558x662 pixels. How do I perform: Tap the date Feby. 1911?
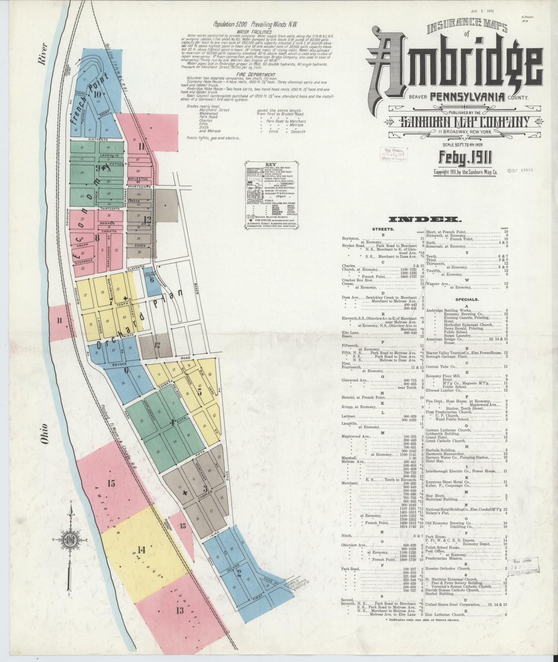click(x=465, y=157)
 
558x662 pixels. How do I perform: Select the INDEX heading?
click(x=424, y=220)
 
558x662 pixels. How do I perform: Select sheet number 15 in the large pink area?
click(x=112, y=483)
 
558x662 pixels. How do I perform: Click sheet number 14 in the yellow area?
click(x=142, y=550)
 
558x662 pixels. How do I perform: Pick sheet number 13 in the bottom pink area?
click(x=180, y=610)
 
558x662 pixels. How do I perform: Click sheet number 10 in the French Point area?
click(x=97, y=94)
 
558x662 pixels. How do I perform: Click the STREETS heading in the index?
click(x=383, y=229)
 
